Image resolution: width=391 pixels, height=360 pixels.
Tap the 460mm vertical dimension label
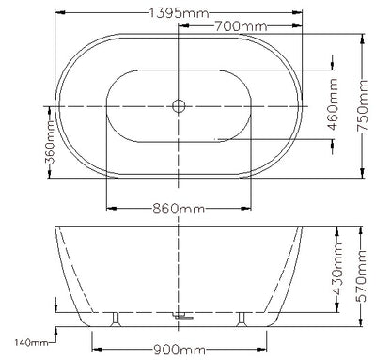click(333, 105)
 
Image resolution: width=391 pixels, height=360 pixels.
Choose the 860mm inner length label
click(180, 208)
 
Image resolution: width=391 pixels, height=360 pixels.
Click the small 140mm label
click(32, 340)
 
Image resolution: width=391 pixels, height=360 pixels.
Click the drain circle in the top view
click(179, 106)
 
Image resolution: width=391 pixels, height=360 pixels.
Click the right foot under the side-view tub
click(246, 320)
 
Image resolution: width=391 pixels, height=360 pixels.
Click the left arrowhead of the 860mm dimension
click(110, 208)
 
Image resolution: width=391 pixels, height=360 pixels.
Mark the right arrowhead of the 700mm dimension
click(299, 28)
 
